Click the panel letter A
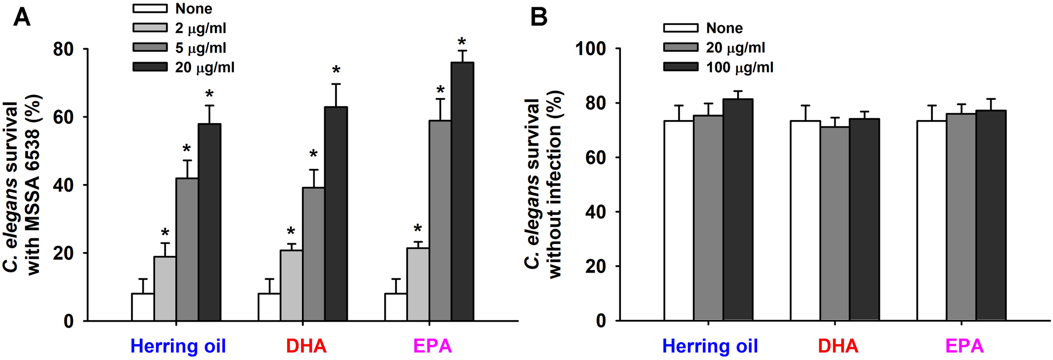22,18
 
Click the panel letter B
539,18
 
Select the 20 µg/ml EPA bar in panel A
462,192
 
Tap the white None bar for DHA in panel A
269,307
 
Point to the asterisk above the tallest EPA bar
462,42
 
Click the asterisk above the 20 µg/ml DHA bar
336,70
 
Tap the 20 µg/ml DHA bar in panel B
835,224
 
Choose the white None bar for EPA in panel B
932,221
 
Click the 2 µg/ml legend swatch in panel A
150,28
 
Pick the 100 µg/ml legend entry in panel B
739,67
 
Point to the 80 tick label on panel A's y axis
63,49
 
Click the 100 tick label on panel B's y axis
591,49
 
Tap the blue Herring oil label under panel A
178,346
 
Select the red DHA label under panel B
838,346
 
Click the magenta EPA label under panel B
964,346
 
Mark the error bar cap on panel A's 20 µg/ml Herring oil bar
209,106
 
